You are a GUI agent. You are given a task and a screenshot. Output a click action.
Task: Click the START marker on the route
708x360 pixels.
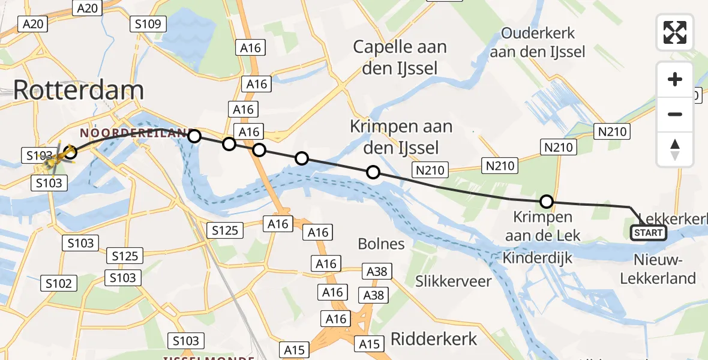coord(649,233)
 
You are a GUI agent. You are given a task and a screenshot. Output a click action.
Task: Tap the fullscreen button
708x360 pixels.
coord(675,32)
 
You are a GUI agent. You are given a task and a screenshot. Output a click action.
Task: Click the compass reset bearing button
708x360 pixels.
coord(675,149)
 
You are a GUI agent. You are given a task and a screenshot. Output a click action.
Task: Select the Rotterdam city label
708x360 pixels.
coord(78,90)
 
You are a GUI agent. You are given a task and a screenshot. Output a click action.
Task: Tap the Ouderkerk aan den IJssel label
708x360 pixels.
coord(537,43)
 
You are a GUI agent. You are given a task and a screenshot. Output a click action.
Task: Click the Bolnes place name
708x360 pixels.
coord(381,244)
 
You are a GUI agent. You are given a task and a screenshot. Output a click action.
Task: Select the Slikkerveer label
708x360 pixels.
coord(454,281)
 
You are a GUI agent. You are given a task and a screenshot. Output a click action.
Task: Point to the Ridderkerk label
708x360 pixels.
coord(434,338)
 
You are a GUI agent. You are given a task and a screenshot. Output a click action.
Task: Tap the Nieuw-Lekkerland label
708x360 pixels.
coord(658,269)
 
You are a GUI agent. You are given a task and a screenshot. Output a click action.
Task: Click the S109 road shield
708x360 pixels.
coord(148,24)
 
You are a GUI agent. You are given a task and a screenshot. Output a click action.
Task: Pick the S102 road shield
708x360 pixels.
coord(59,283)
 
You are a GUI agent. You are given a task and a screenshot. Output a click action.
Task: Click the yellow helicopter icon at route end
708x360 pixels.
coord(61,157)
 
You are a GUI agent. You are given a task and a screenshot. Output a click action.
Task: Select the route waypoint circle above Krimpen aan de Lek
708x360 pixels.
coord(547,202)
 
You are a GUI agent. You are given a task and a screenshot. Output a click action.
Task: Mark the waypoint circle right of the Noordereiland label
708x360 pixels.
coord(194,136)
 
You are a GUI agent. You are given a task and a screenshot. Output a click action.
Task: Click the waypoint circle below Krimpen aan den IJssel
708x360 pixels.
coord(373,173)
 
